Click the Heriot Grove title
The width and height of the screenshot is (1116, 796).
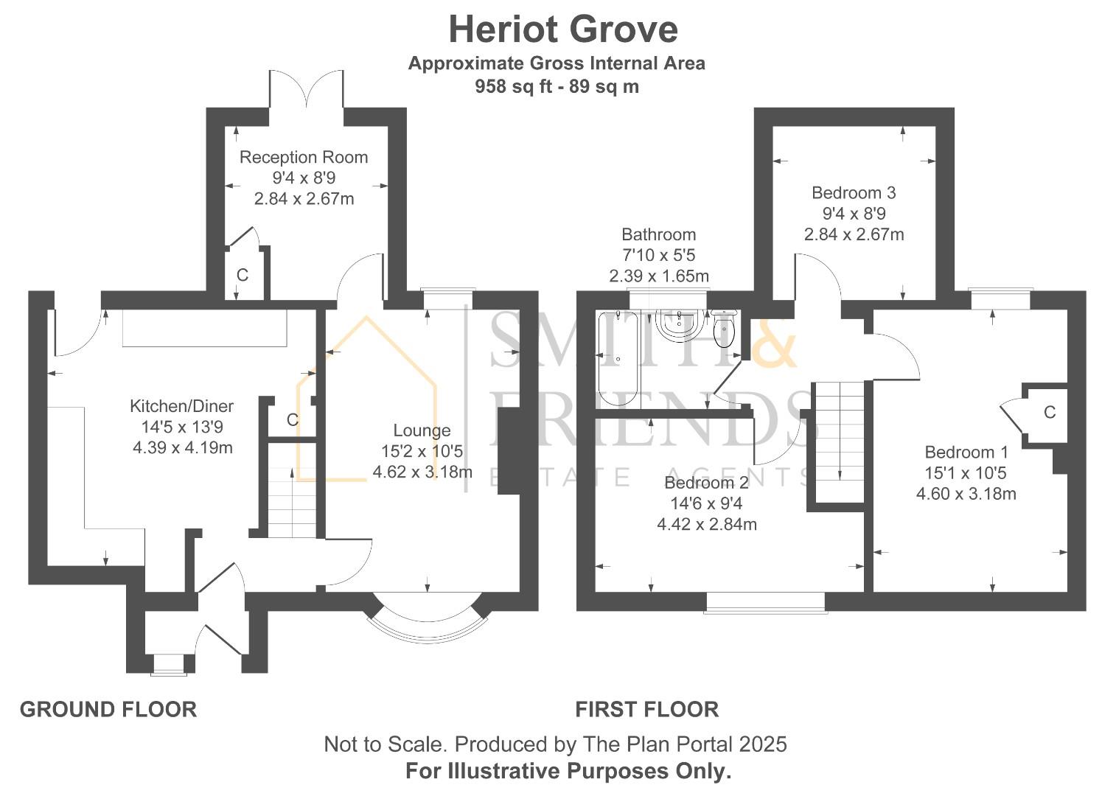(563, 30)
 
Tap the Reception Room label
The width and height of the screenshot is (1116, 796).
(304, 158)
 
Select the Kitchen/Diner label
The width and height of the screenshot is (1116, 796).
(181, 406)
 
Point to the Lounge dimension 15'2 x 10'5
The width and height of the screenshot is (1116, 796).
(422, 451)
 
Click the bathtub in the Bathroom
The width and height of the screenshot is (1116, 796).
(618, 359)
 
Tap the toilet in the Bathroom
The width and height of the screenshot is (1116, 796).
(723, 328)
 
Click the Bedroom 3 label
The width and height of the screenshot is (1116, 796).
(854, 193)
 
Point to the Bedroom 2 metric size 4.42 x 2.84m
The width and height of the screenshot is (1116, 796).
(706, 525)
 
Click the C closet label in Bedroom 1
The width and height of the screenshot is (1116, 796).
(1049, 413)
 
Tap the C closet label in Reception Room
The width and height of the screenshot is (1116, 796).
(242, 275)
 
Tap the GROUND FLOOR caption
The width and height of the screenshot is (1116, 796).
(108, 709)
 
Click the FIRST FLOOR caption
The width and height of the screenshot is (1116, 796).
(646, 709)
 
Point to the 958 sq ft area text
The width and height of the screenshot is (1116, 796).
(513, 87)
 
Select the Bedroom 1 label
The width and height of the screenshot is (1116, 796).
(966, 453)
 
